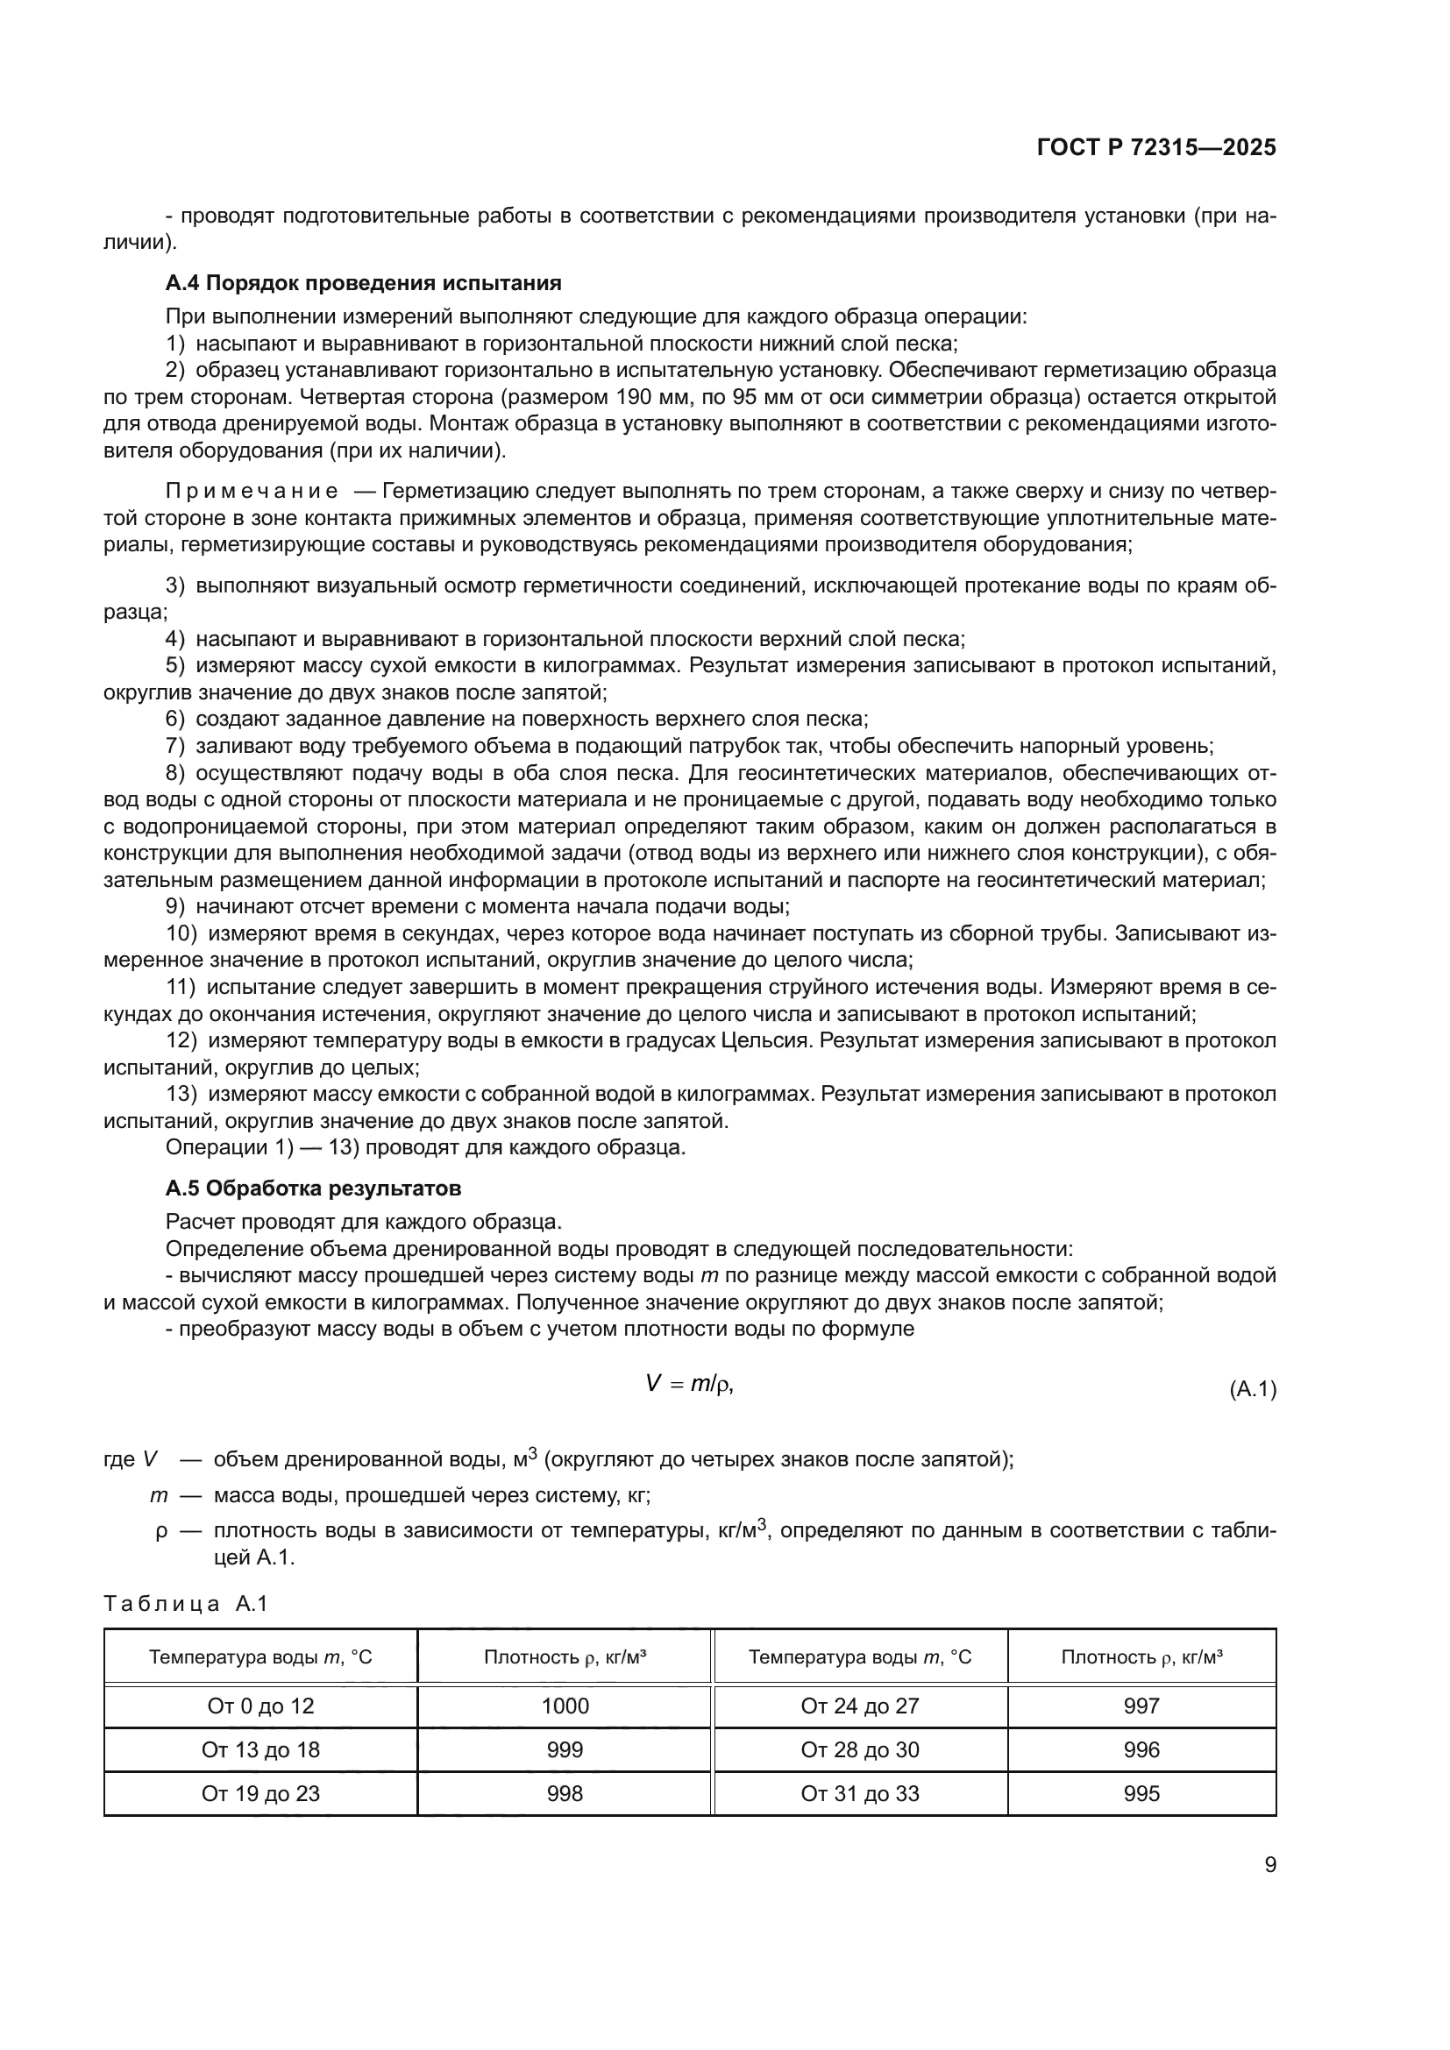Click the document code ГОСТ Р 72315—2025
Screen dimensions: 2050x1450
(1156, 147)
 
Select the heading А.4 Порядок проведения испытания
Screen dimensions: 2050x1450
(364, 283)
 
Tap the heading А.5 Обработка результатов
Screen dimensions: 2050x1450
(313, 1188)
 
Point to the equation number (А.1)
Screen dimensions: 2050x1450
(1253, 1389)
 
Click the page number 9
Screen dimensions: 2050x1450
(1269, 1865)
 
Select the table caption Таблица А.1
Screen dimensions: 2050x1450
(186, 1604)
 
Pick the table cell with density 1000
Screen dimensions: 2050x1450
(565, 1706)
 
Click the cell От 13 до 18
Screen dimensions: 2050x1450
(260, 1750)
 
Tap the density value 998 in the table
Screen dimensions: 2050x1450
(565, 1794)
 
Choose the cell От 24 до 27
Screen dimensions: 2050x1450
(860, 1706)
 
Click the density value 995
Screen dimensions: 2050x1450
(1141, 1794)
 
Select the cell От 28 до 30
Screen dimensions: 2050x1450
(860, 1750)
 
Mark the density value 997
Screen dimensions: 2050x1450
(1141, 1706)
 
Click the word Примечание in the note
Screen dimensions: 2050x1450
(252, 492)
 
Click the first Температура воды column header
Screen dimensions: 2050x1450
(260, 1657)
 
